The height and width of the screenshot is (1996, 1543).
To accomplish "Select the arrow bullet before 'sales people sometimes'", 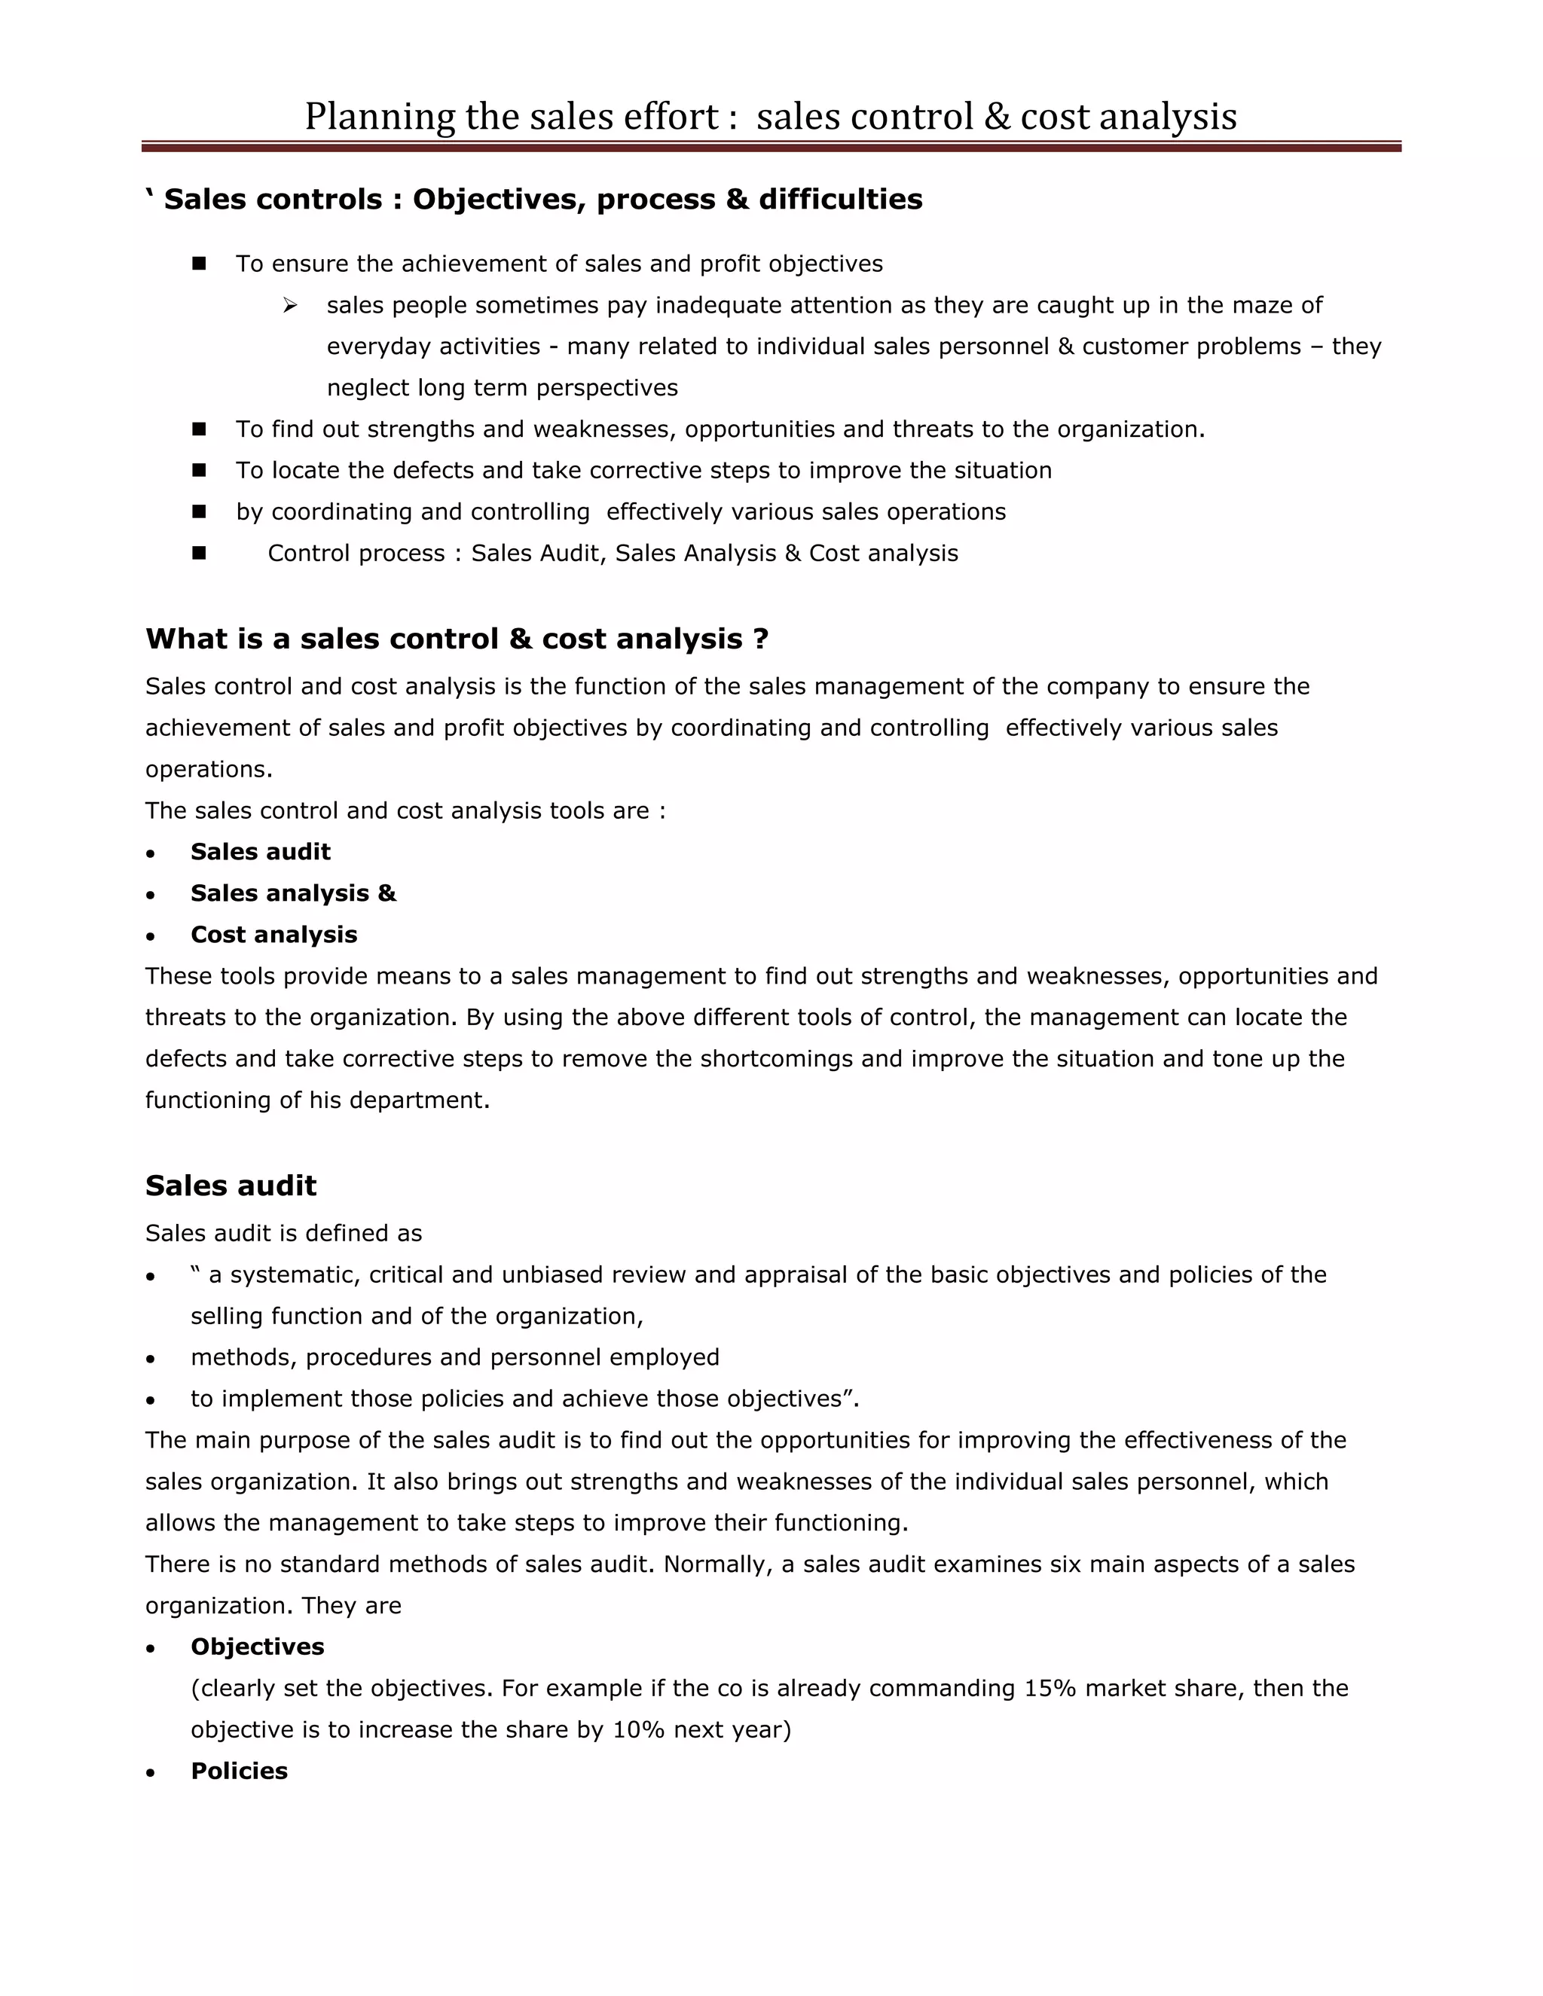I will point(290,305).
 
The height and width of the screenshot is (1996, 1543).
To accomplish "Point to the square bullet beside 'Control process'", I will point(199,553).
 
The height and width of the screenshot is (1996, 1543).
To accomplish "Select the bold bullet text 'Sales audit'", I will point(261,852).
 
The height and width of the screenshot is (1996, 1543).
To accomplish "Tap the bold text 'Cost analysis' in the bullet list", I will point(273,935).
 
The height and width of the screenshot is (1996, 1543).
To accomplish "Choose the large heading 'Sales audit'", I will point(231,1186).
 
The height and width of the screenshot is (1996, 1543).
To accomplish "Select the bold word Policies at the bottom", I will point(239,1772).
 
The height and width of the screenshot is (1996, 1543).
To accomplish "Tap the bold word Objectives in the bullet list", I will point(257,1647).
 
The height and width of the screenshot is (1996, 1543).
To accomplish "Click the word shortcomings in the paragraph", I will point(777,1059).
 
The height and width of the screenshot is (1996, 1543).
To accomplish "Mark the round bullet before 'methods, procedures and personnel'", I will point(151,1359).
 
